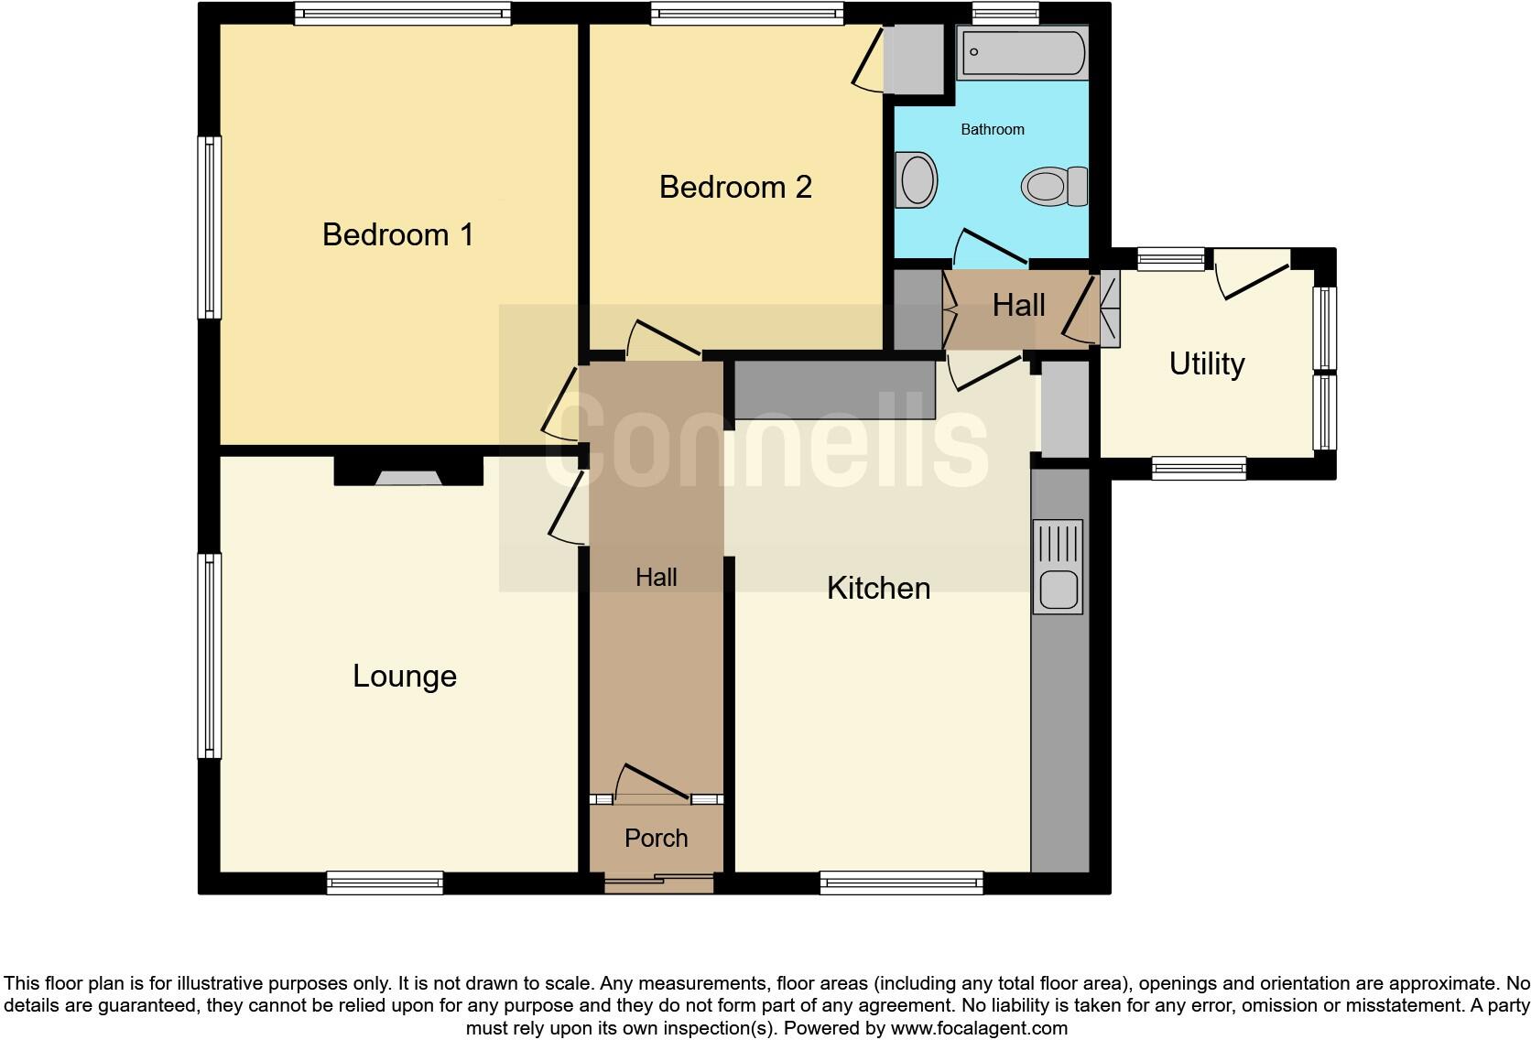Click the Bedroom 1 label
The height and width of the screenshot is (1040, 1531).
coord(398,234)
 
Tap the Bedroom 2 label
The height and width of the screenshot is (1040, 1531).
coord(735,187)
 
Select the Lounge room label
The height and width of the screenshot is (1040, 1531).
coord(405,676)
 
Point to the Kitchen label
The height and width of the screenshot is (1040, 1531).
coord(878,588)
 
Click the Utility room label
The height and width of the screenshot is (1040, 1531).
coord(1207,363)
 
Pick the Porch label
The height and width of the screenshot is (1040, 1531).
coord(656,838)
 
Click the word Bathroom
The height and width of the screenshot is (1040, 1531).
coord(992,129)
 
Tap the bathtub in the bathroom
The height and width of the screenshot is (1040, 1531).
coord(1022,52)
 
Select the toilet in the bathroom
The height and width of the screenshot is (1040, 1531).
coord(1053,187)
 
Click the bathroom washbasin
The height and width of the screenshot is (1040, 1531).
coord(918,179)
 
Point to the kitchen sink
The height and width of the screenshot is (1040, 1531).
coord(1058,567)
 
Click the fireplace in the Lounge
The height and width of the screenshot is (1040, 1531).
coord(408,473)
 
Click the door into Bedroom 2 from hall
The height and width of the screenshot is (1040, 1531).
coord(664,340)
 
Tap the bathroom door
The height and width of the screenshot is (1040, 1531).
coord(989,247)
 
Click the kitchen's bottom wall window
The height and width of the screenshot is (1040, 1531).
coord(901,883)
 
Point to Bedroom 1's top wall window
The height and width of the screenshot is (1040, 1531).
coord(402,13)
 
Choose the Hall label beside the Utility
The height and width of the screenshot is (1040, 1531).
coord(1018,305)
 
